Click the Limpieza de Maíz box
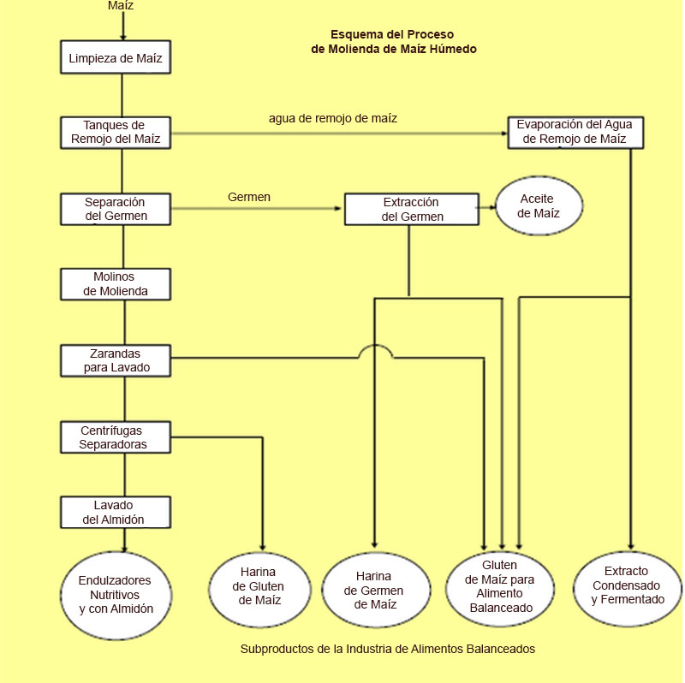(x=116, y=59)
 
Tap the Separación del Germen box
(x=116, y=209)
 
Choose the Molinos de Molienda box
(x=116, y=284)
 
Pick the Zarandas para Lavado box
(x=116, y=359)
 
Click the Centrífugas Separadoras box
(x=116, y=437)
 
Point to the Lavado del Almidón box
(x=116, y=512)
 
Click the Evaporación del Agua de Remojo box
(x=575, y=132)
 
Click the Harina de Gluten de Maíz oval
(x=259, y=587)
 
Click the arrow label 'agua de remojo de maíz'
(x=333, y=118)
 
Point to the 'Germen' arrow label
(x=249, y=197)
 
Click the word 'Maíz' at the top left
(x=122, y=6)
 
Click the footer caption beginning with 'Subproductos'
(x=388, y=649)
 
